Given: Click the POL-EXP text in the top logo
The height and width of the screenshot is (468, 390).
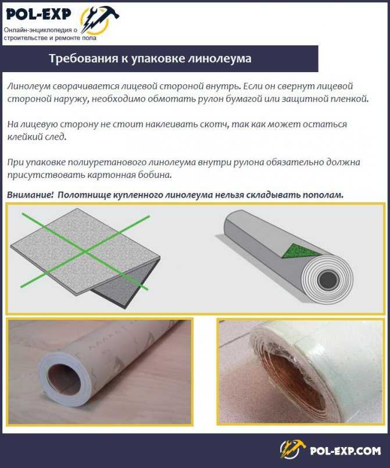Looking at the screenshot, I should pos(39,14).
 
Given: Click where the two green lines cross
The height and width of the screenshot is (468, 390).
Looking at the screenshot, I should pos(86,251).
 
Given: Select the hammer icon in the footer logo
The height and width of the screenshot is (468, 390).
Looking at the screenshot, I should pos(292,449).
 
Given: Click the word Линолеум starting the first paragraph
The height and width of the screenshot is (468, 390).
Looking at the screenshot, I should pos(30,86).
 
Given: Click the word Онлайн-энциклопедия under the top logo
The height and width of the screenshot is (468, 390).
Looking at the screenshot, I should pos(38,30).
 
